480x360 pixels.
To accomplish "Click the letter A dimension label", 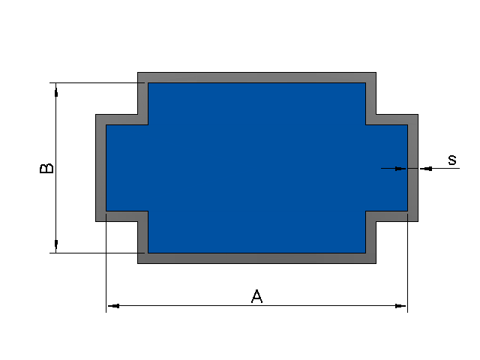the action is [256, 296].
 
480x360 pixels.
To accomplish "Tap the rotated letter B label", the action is [46, 168].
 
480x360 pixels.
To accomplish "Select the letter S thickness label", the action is [452, 160].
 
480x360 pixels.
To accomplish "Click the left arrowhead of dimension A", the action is [113, 306].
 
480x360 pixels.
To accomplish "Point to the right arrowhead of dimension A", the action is [400, 306].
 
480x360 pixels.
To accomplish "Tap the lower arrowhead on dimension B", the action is [56, 244].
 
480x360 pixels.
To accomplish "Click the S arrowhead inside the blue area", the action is [400, 169].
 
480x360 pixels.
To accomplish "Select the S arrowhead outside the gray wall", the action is [426, 169].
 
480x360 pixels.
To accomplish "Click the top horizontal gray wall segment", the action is [256, 78].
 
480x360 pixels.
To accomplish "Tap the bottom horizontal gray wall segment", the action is [256, 258].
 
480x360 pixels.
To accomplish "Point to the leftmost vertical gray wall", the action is [101, 168].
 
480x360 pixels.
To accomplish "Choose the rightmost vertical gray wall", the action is [413, 168].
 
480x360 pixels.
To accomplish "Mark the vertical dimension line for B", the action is [56, 168].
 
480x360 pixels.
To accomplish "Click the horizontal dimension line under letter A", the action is [256, 305].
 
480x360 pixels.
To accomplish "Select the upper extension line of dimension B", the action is [97, 82].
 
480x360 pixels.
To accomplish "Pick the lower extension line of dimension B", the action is [97, 253].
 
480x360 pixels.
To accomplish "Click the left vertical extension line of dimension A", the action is [106, 263].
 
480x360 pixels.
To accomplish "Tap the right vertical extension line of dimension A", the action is [408, 263].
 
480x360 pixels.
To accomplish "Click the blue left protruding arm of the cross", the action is [127, 168].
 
